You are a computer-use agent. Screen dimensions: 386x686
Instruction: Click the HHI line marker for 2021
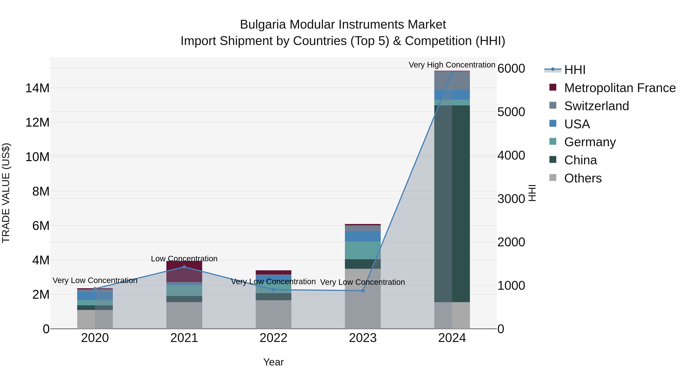tap(184, 267)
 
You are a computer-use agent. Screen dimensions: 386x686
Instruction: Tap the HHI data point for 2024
tap(452, 73)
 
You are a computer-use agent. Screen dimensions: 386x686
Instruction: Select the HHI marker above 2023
tap(363, 291)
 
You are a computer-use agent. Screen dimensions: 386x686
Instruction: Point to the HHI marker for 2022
tap(273, 290)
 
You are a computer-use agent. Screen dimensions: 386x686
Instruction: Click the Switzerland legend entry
tap(596, 106)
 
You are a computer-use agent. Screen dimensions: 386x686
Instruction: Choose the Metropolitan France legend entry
tap(620, 88)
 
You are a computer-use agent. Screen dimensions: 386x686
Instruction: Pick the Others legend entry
tap(583, 178)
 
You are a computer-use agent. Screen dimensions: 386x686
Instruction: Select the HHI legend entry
tap(575, 70)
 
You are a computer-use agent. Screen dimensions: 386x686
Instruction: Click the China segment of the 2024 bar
tap(452, 204)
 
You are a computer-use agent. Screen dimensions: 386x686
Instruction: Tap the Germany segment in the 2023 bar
tap(363, 250)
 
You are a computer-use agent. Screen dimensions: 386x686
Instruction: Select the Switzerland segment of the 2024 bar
tap(452, 81)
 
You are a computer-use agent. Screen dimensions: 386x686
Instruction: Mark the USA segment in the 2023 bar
tap(363, 236)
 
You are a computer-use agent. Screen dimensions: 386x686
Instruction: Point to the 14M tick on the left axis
tap(37, 88)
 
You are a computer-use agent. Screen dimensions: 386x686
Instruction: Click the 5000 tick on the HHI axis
tap(511, 112)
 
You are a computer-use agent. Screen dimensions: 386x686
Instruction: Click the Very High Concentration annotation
tap(452, 65)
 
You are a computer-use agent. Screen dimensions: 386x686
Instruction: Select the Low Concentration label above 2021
tap(184, 259)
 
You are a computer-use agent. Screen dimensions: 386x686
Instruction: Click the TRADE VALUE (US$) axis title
tap(6, 193)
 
